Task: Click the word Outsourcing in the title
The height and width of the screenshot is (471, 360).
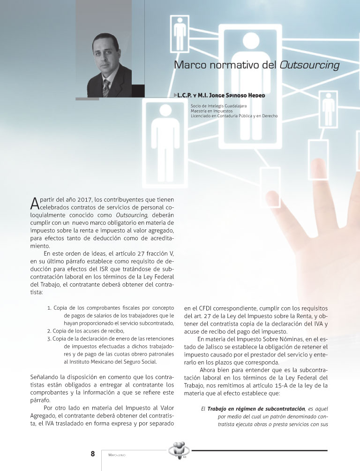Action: pos(309,65)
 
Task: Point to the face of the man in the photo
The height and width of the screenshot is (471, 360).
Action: pos(105,55)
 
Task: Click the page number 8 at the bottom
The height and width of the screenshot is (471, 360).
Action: pos(93,454)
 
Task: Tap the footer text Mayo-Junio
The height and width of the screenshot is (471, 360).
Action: pos(117,455)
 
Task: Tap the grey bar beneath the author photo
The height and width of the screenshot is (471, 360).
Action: pos(87,99)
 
